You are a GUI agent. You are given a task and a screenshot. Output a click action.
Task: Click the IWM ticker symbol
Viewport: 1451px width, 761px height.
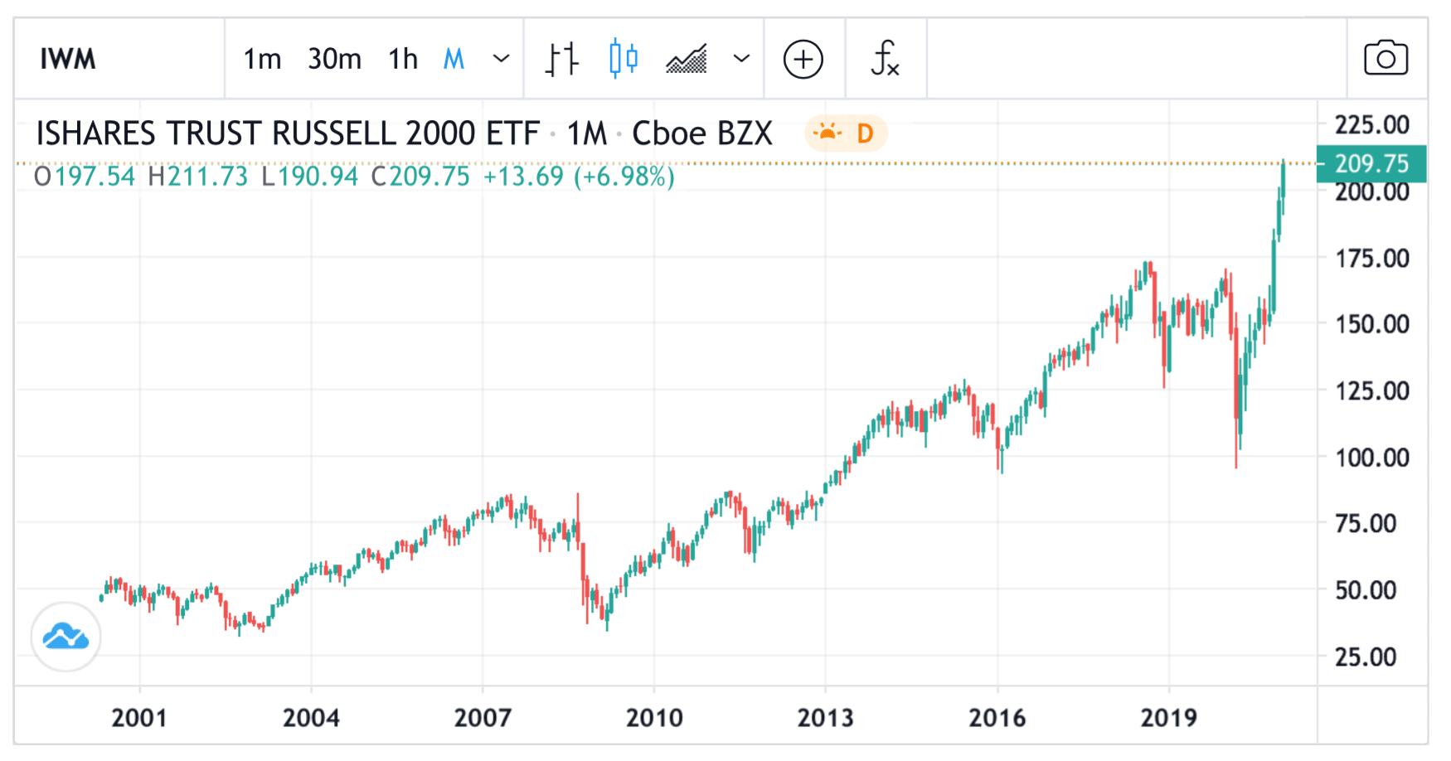click(68, 60)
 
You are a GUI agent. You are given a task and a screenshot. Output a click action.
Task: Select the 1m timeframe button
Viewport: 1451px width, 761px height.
click(262, 60)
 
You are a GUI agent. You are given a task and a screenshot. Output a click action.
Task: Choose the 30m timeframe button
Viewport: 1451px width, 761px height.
click(334, 60)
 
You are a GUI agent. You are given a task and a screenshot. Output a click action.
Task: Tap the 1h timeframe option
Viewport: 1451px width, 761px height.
click(403, 60)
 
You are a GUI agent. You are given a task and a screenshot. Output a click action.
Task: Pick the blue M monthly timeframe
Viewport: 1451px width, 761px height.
click(454, 60)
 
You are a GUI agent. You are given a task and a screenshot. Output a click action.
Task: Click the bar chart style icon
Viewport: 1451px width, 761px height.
click(561, 60)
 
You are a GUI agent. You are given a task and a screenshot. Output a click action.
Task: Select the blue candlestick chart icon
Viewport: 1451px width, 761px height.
click(624, 60)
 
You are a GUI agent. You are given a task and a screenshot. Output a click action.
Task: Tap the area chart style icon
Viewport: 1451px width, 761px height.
click(687, 60)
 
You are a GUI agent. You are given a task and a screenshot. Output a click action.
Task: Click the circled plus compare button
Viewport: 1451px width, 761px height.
click(803, 60)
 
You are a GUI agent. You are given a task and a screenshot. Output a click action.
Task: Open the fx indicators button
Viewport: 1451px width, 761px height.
click(885, 60)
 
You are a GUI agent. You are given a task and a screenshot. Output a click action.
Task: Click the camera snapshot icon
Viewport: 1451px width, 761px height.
click(1385, 60)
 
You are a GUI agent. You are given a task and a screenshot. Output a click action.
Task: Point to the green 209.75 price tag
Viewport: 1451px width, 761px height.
click(1371, 163)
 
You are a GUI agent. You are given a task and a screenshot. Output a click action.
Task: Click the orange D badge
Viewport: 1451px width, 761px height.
click(865, 133)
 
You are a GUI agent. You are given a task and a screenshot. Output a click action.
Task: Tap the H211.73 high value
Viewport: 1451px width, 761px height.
click(198, 177)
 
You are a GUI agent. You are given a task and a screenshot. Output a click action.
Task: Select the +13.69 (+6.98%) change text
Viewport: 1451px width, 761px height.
click(579, 177)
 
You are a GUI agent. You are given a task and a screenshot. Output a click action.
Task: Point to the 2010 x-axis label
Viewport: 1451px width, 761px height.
click(654, 718)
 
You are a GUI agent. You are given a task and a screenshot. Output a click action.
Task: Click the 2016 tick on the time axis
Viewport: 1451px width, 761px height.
click(997, 718)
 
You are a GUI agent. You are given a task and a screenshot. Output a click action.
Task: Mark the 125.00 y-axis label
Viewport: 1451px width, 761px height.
click(1371, 390)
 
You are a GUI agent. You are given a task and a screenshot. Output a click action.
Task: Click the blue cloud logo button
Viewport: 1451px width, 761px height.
click(66, 637)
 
